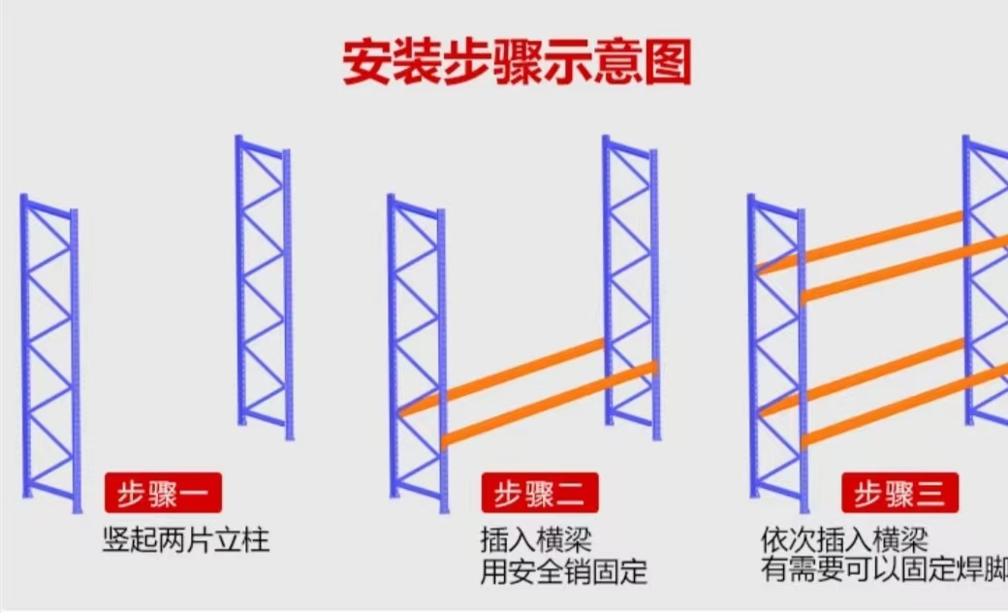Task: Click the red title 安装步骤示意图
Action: pos(517,62)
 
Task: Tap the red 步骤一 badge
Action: pos(163,494)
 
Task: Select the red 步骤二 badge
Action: pos(540,494)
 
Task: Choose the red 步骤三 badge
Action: pos(900,494)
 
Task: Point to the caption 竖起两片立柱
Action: pos(186,539)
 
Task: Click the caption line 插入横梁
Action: pos(536,539)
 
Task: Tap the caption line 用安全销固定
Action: pos(564,572)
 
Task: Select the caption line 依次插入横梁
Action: pos(845,539)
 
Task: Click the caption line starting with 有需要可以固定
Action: pos(884,570)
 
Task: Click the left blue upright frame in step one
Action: pos(51,354)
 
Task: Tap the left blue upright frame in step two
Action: pos(418,354)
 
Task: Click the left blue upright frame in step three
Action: pos(778,354)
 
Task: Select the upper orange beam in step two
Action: pos(501,377)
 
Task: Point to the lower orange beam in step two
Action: pos(550,403)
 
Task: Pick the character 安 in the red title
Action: pos(366,62)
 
